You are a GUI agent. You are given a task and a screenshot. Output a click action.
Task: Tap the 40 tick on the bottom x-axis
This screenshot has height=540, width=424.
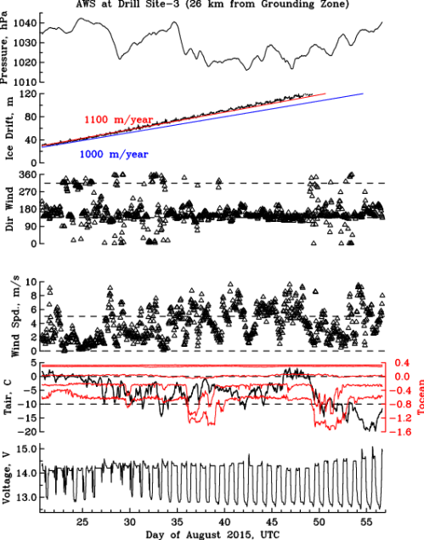(x=224, y=520)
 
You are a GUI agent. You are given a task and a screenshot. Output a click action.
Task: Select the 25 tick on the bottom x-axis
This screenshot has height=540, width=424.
(x=82, y=520)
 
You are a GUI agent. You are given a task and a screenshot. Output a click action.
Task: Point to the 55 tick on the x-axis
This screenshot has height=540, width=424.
(x=366, y=520)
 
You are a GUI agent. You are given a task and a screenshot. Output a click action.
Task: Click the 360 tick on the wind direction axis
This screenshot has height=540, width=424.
(x=29, y=173)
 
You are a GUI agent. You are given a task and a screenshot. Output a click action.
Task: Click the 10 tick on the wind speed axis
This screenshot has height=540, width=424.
(x=31, y=281)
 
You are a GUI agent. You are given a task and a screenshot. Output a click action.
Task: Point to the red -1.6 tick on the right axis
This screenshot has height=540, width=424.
(x=403, y=433)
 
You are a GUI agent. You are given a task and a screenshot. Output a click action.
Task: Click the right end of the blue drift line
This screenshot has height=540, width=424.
(x=364, y=94)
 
